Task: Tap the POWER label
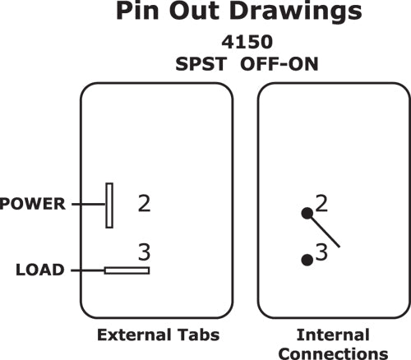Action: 32,202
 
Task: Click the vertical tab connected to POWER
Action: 108,205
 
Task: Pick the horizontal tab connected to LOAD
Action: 126,270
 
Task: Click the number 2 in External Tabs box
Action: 144,203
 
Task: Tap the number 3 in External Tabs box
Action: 144,252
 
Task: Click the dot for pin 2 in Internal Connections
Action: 307,213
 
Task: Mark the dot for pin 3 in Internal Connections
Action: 307,260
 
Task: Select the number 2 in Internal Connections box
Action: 321,203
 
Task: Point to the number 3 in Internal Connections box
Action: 321,254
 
